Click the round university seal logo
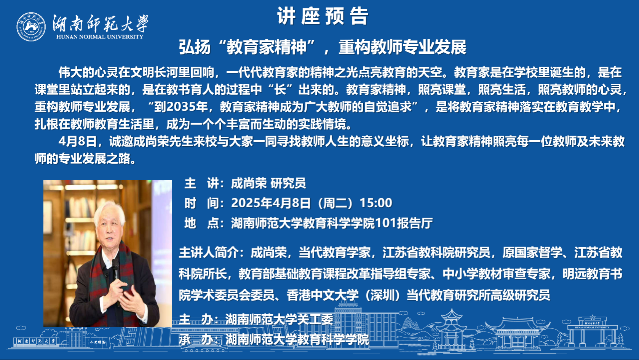[31, 27]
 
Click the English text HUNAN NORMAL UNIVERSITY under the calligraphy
[100, 37]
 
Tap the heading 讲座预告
[323, 16]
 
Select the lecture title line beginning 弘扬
[323, 47]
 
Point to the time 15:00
[376, 203]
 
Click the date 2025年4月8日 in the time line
[271, 203]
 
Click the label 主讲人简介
[209, 253]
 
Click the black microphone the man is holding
[115, 270]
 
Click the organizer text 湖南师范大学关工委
[279, 319]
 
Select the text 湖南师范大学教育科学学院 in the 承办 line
[297, 339]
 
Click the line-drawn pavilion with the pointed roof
[451, 328]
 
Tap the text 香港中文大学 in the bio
[322, 295]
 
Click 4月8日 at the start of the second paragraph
[78, 141]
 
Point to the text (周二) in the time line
[335, 203]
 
